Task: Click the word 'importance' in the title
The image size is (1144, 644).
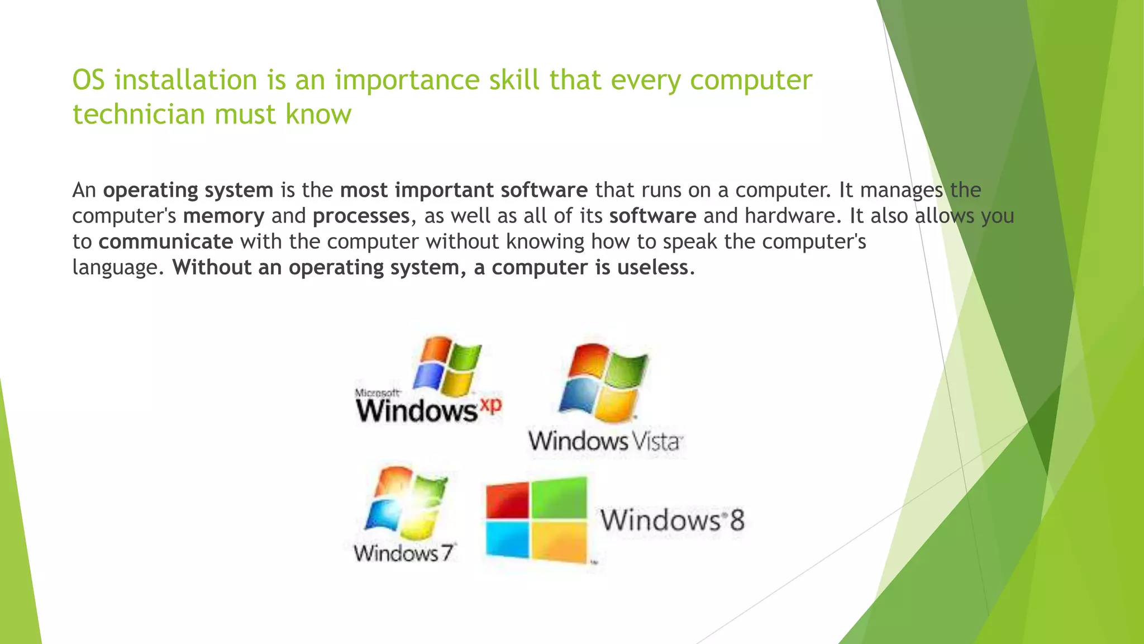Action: [407, 80]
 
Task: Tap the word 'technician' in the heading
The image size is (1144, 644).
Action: [139, 115]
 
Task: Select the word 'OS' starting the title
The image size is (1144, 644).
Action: [89, 80]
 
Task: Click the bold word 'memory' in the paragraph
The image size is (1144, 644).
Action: [223, 216]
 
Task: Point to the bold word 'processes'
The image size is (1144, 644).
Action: [361, 216]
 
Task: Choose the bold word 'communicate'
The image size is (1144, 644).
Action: [166, 241]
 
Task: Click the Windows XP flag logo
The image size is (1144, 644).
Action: [447, 366]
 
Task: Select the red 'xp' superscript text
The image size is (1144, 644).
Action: [490, 404]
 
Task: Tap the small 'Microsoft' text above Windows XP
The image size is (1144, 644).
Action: [378, 393]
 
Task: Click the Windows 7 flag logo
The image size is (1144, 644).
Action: [406, 499]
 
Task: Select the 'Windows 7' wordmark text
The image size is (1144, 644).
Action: [405, 553]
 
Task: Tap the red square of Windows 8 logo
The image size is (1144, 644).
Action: [507, 500]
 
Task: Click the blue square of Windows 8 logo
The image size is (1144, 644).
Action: [507, 539]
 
